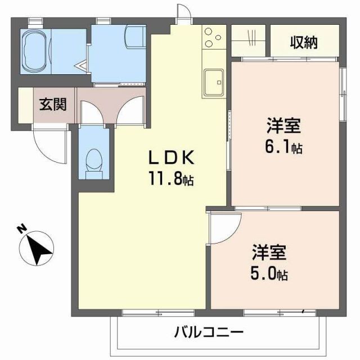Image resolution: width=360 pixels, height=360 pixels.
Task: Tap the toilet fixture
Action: pos(93,160)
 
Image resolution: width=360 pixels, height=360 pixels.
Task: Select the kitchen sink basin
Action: pos(214,82)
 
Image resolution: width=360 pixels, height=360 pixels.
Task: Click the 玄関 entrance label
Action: pos(52,104)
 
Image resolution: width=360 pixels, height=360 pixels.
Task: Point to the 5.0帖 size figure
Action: pos(269,275)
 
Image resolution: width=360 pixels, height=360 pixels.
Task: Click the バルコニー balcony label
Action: pos(208,332)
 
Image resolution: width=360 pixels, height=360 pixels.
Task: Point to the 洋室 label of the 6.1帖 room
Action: pos(283,124)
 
